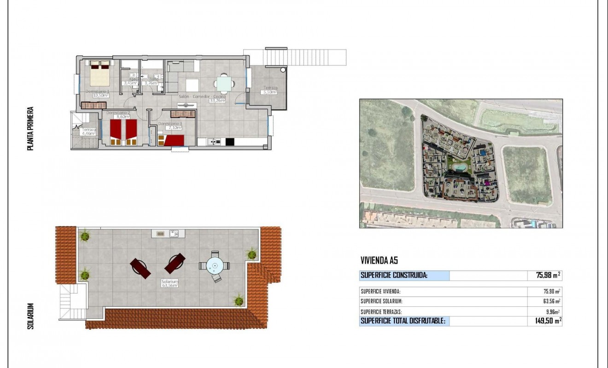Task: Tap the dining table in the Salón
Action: [x=224, y=84]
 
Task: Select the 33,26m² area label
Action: [x=217, y=100]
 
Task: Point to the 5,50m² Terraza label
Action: [x=269, y=92]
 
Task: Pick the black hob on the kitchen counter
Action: [x=230, y=142]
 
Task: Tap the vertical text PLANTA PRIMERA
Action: [x=31, y=129]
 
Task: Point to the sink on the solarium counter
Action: [x=174, y=234]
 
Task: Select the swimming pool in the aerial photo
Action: [x=459, y=166]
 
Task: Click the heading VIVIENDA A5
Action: [x=379, y=261]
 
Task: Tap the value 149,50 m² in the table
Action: [x=548, y=321]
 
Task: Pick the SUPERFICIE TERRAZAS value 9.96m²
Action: [x=551, y=311]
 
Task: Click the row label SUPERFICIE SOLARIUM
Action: [x=382, y=301]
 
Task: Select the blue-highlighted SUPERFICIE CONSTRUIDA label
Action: [x=394, y=276]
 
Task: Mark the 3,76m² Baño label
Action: [x=151, y=83]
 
